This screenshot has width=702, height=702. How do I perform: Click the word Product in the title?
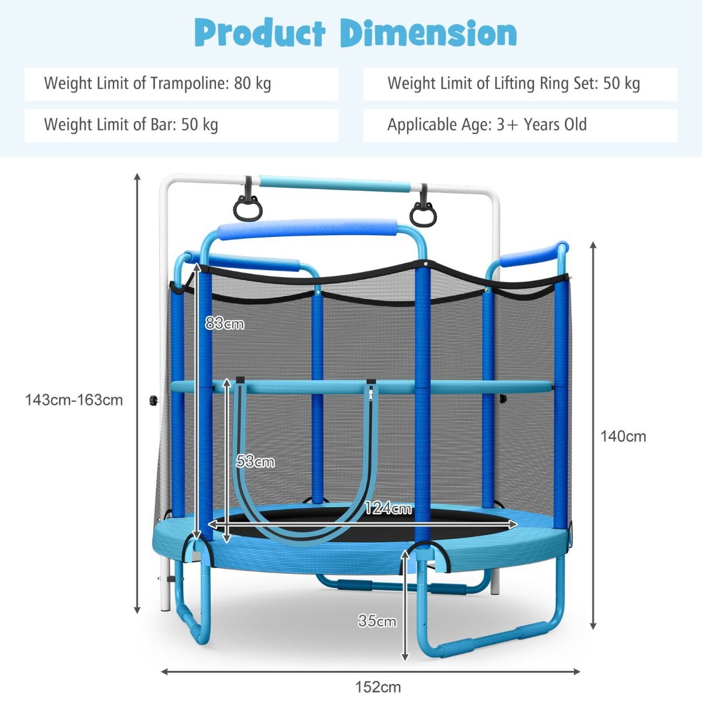pos(260,33)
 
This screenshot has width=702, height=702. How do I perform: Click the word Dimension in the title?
pos(429,33)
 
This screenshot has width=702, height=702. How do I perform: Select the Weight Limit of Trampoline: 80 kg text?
pos(158,84)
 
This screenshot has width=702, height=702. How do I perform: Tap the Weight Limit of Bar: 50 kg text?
pos(131,125)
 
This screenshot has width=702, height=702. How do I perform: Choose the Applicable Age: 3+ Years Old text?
pos(487,125)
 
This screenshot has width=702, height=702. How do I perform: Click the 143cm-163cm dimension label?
pos(74,400)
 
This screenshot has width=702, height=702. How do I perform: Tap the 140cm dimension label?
pos(623,436)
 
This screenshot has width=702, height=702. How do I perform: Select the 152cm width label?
pos(378,687)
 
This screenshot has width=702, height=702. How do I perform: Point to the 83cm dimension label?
pos(225,323)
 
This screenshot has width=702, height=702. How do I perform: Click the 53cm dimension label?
pos(255,461)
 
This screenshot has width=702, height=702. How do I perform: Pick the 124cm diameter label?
pos(388,508)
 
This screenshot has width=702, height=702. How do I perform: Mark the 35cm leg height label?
pos(377,621)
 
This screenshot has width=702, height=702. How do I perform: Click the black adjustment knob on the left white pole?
pos(154,400)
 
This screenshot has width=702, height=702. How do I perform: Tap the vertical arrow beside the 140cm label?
pos(593,436)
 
